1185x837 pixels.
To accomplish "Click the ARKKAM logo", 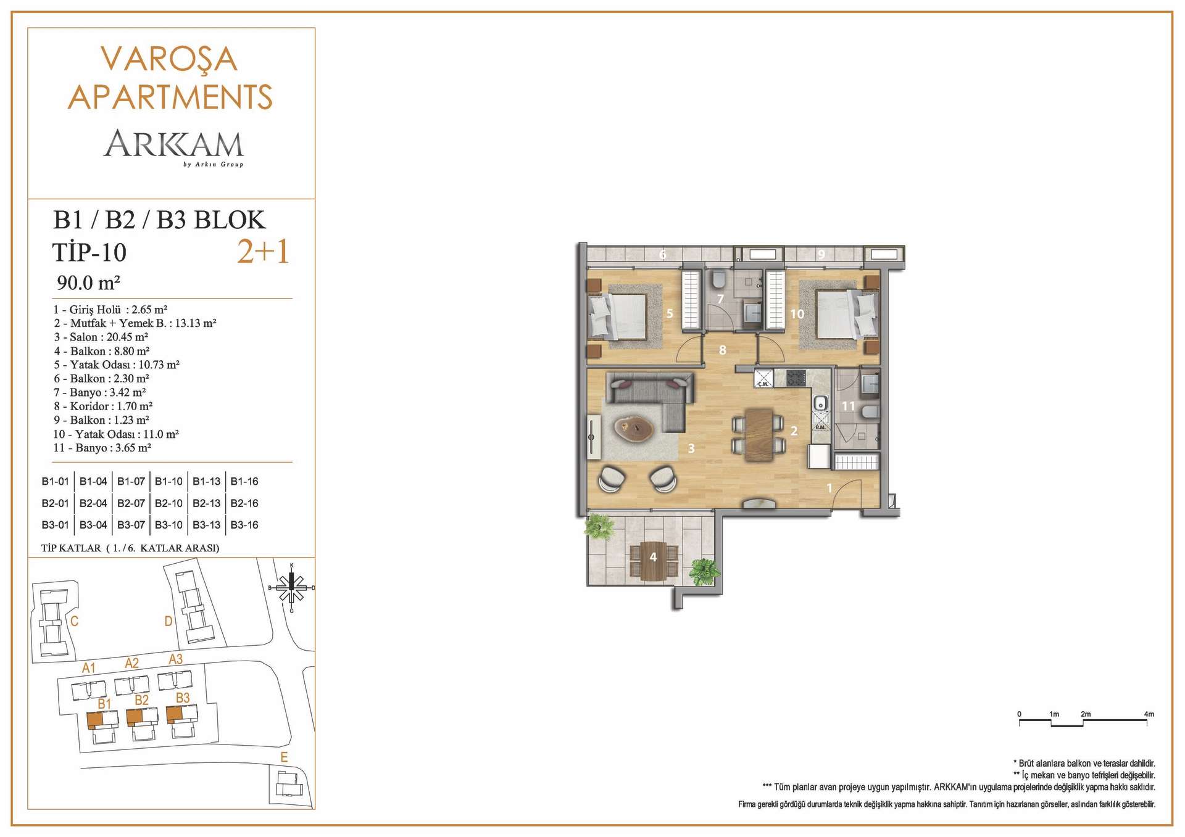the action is tap(173, 146).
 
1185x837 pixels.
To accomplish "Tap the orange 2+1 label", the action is tap(264, 251).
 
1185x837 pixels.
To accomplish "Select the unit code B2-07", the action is tap(131, 503).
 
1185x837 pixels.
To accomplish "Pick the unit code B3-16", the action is tap(244, 525).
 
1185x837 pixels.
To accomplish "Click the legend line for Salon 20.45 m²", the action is tap(101, 337).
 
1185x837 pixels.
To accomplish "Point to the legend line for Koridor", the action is tap(103, 406).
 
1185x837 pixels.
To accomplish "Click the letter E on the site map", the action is tap(284, 757).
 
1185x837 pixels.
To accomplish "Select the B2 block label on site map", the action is tap(141, 700).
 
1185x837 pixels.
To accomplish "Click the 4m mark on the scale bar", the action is tap(1149, 714).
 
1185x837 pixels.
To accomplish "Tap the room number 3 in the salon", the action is tap(691, 448).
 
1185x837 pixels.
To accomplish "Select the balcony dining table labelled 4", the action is tap(653, 561).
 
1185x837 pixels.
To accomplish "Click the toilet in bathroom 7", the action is tap(718, 281).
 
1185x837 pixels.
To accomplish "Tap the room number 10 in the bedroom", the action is tap(797, 314).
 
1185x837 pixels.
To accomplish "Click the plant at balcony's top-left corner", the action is tap(599, 526).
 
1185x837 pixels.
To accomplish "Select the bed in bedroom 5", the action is tap(617, 316).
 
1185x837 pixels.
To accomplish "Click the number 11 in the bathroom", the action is tap(849, 406).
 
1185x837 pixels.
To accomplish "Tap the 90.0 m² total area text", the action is tap(88, 282).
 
